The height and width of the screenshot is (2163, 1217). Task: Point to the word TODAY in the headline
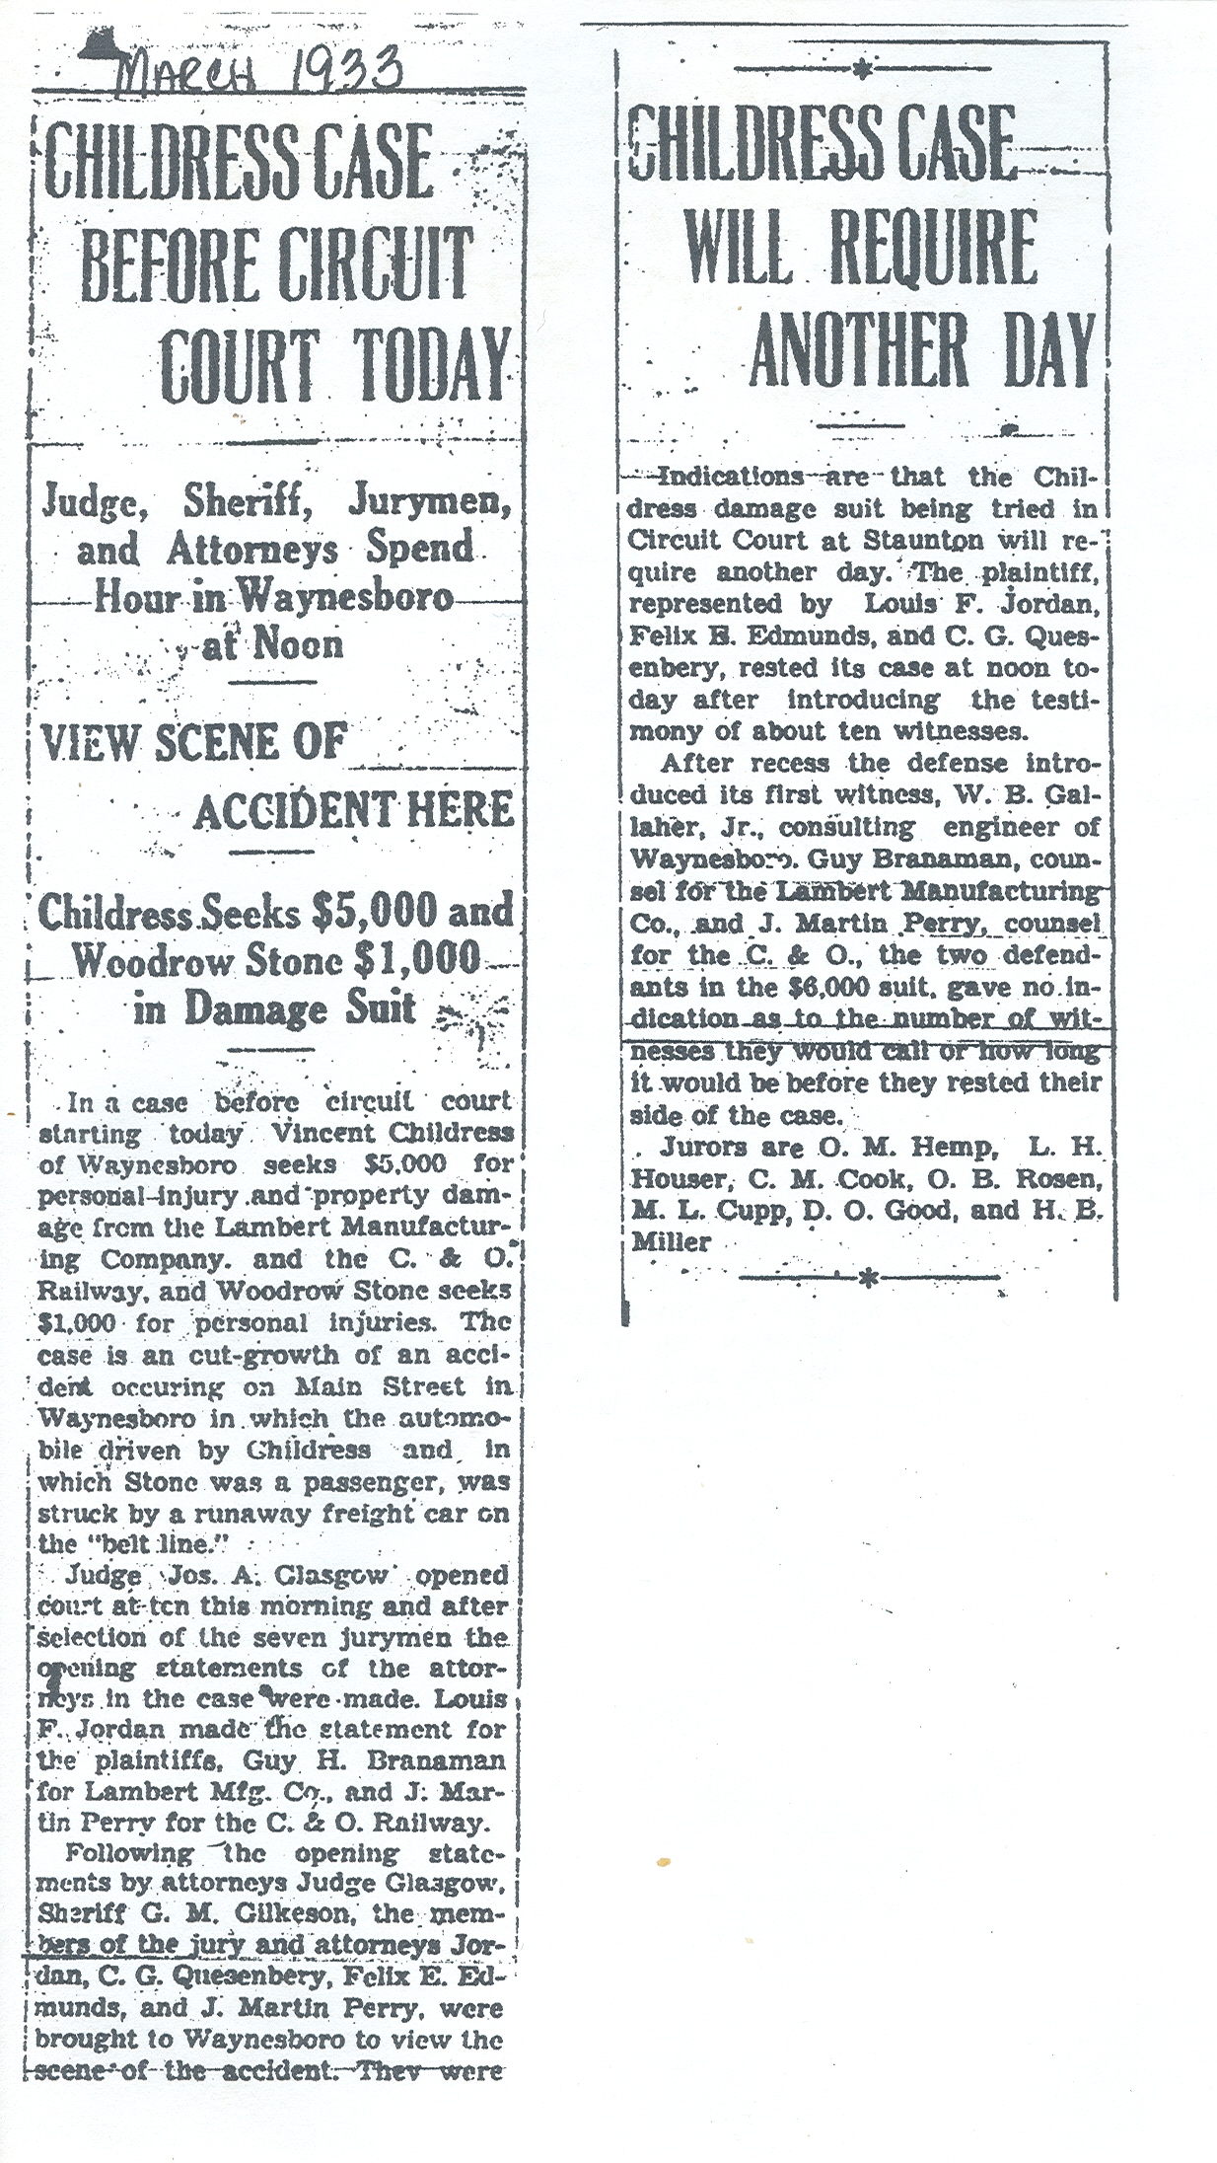(x=431, y=365)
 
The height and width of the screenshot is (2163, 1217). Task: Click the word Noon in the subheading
(x=299, y=644)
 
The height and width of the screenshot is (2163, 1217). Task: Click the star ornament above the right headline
(x=864, y=69)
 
